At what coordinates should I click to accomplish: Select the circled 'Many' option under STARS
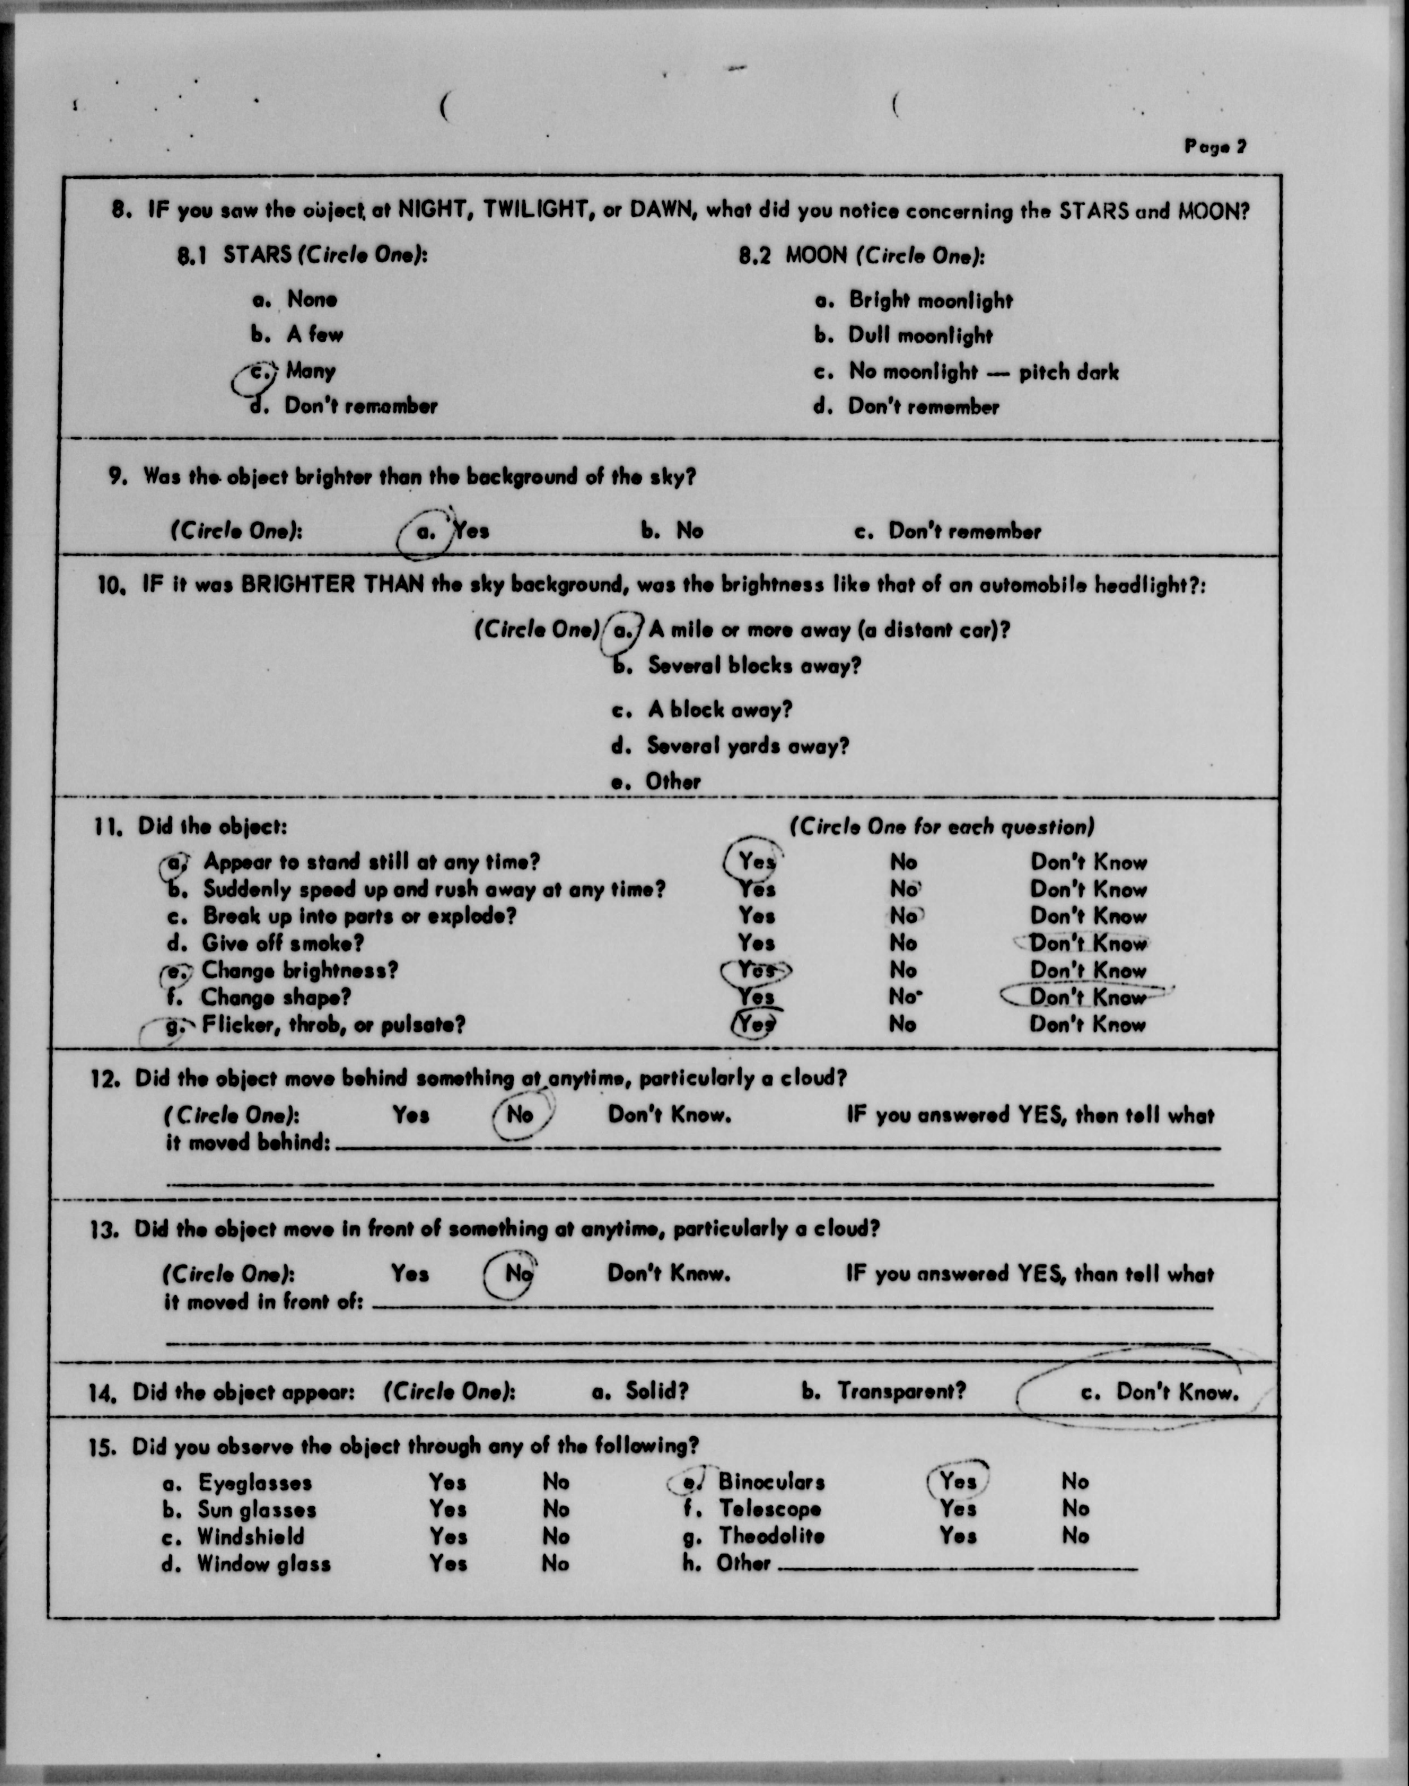pyautogui.click(x=309, y=370)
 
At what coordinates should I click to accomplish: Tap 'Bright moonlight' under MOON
pyautogui.click(x=930, y=300)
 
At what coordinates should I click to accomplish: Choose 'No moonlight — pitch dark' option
pyautogui.click(x=983, y=372)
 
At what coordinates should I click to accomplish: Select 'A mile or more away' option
pyautogui.click(x=828, y=630)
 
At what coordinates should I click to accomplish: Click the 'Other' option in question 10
pyautogui.click(x=672, y=782)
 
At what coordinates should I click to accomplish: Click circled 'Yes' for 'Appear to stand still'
pyautogui.click(x=756, y=862)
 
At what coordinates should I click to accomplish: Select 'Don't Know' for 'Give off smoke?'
pyautogui.click(x=1087, y=943)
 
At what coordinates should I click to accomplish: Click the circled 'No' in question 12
pyautogui.click(x=520, y=1115)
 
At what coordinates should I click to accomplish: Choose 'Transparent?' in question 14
pyautogui.click(x=901, y=1391)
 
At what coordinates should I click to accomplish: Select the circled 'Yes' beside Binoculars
pyautogui.click(x=958, y=1482)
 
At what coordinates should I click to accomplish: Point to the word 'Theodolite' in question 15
pyautogui.click(x=771, y=1536)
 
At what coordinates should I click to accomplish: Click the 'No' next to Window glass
pyautogui.click(x=555, y=1563)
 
